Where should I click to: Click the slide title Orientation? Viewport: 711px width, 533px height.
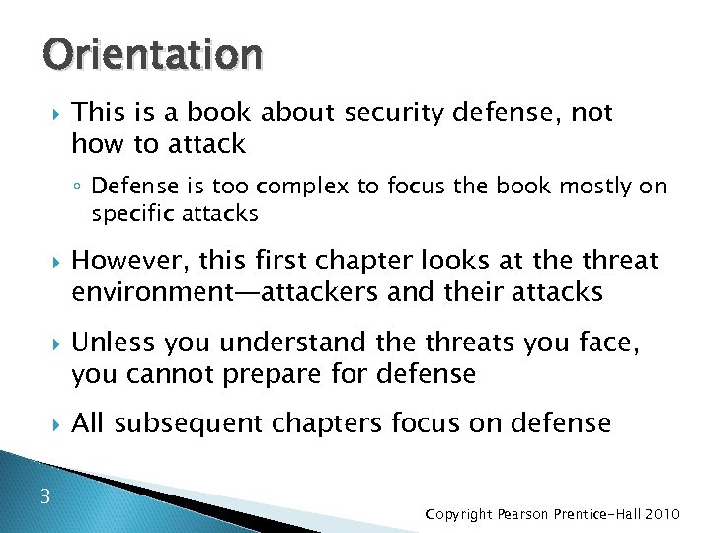click(152, 57)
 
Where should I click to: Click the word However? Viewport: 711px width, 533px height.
click(128, 261)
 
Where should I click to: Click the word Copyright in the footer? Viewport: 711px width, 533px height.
click(459, 515)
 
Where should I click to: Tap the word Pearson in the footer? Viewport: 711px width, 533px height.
click(523, 514)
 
